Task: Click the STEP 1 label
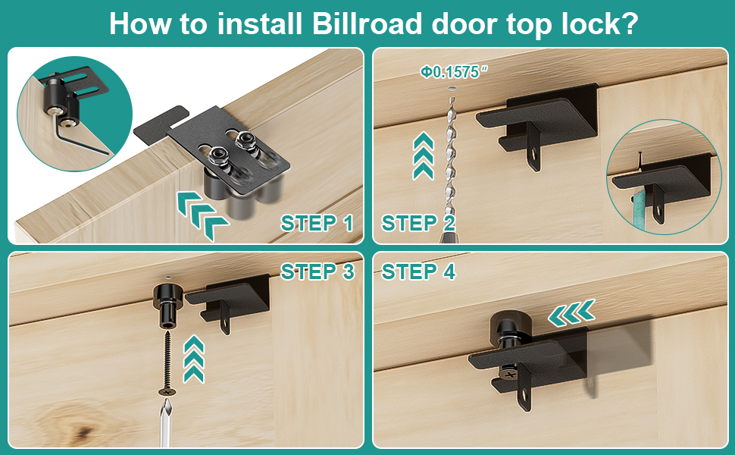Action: click(x=317, y=223)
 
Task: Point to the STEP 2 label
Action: click(x=418, y=223)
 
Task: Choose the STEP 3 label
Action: click(x=317, y=271)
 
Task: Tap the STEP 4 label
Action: click(x=418, y=271)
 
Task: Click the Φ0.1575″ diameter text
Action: click(x=455, y=72)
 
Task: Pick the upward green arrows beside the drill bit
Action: click(x=423, y=155)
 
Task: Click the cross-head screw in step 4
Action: click(x=507, y=373)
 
